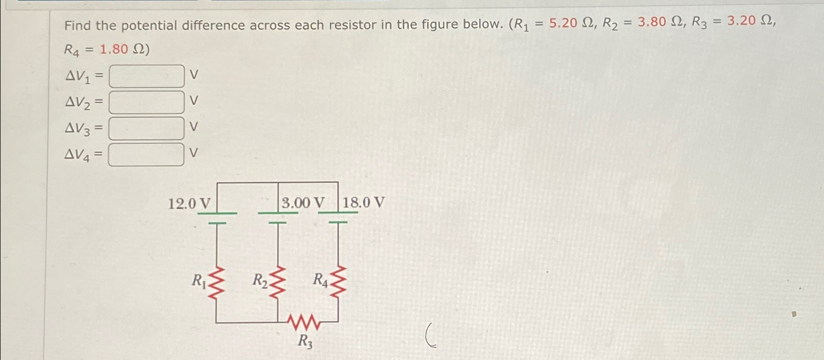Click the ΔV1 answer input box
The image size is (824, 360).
[x=147, y=76]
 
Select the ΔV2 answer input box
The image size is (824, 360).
[x=147, y=102]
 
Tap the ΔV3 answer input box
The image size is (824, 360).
[x=147, y=128]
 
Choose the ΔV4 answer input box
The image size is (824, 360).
[x=147, y=155]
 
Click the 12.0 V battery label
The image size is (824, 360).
[x=189, y=204]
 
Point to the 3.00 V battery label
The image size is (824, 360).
[x=303, y=203]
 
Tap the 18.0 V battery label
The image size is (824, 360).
[x=363, y=203]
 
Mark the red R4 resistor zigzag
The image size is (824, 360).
[x=338, y=281]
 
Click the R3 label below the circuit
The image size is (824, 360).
[x=305, y=342]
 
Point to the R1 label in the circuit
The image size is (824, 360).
[x=198, y=281]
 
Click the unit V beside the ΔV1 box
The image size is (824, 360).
[x=194, y=75]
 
